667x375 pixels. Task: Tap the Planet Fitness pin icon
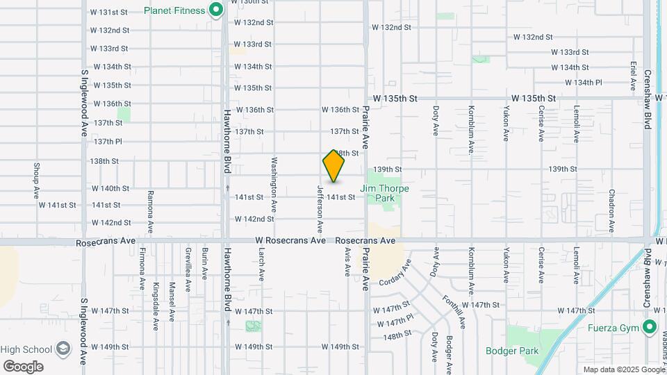215,10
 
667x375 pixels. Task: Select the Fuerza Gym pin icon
650,326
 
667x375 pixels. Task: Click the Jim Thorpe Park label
384,193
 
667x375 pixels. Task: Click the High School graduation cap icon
63,348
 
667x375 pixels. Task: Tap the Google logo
23,366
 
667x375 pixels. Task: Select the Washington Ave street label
275,183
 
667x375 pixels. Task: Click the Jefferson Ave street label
320,208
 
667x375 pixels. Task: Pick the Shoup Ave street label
35,181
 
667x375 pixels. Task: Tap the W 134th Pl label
583,82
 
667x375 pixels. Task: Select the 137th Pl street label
108,141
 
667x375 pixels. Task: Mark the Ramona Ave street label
150,211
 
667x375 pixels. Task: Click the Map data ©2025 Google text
623,369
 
